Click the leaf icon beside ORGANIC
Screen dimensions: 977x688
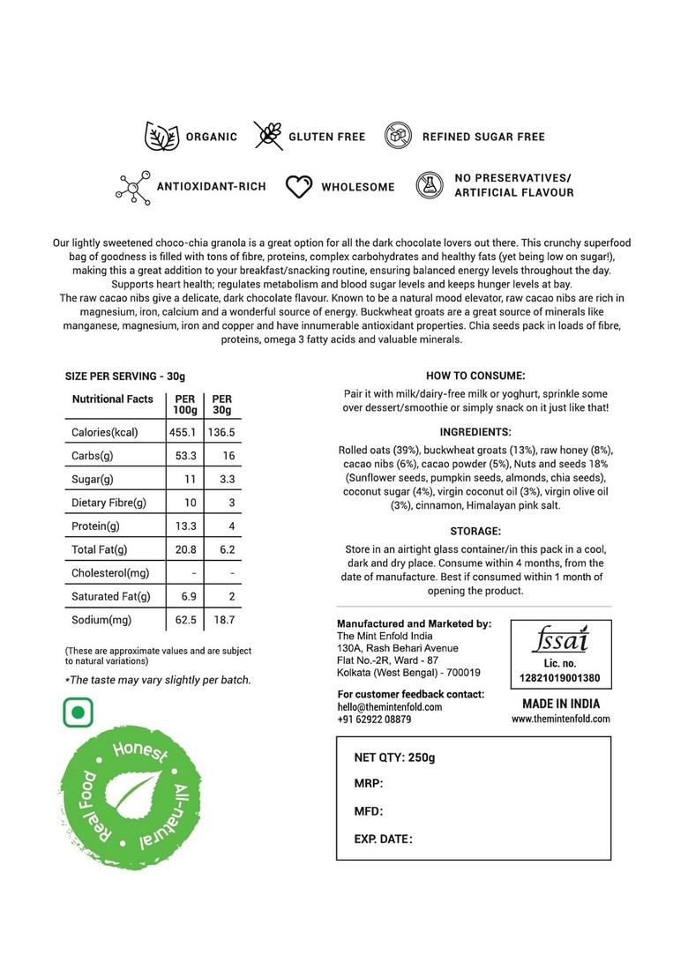161,137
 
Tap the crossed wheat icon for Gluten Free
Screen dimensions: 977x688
268,136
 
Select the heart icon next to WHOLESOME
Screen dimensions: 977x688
300,187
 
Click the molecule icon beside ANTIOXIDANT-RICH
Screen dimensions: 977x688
133,187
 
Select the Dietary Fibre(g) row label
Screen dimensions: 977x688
108,503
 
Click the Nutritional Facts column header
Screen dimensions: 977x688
112,399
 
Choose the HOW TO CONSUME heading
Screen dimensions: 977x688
475,375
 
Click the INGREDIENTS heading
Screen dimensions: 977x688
475,432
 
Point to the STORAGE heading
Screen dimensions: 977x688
475,531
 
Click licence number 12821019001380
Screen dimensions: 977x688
561,678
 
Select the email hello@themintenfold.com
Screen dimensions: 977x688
390,706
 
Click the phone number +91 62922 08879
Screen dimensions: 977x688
374,720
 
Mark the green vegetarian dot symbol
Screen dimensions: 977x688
79,712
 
